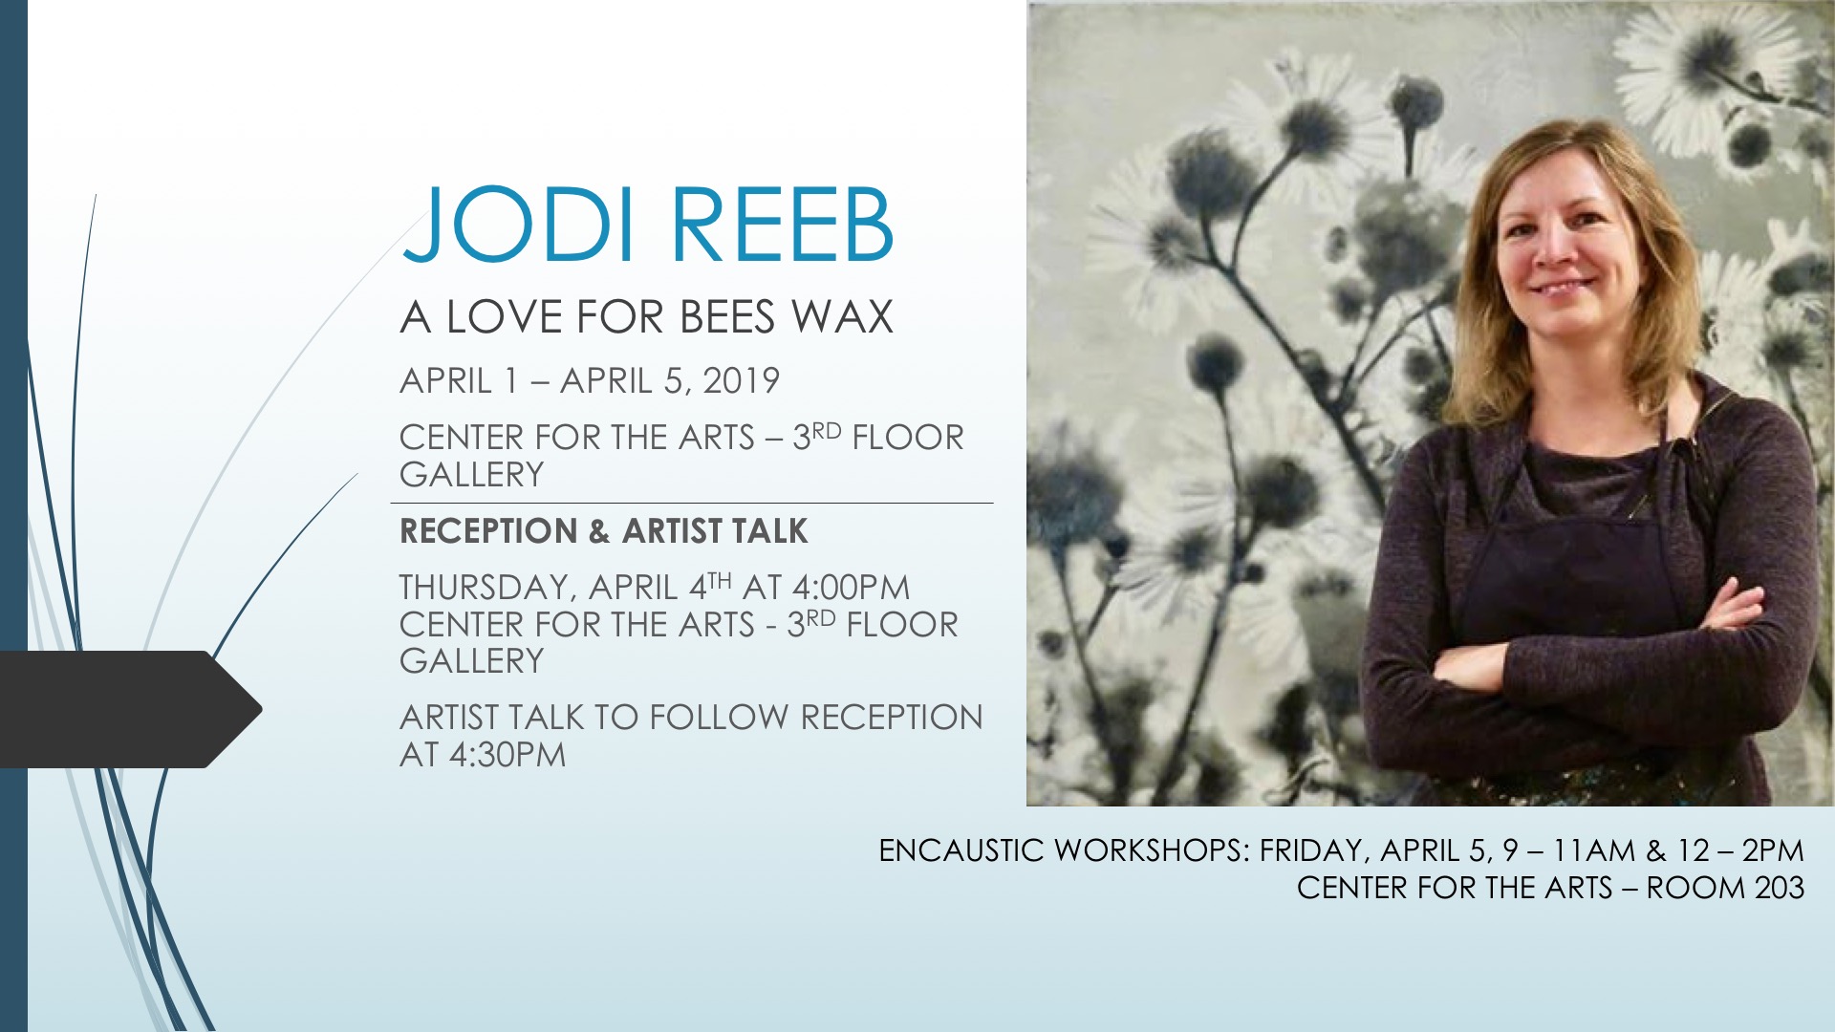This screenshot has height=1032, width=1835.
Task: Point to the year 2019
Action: coord(741,380)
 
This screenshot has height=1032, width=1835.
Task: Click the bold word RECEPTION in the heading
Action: coord(487,531)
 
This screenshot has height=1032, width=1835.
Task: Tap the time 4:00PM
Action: coord(851,587)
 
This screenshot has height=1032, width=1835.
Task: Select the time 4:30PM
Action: coord(507,754)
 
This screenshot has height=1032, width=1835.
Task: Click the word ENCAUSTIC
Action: coord(961,849)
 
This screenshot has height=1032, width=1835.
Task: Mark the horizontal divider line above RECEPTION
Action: coord(692,503)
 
